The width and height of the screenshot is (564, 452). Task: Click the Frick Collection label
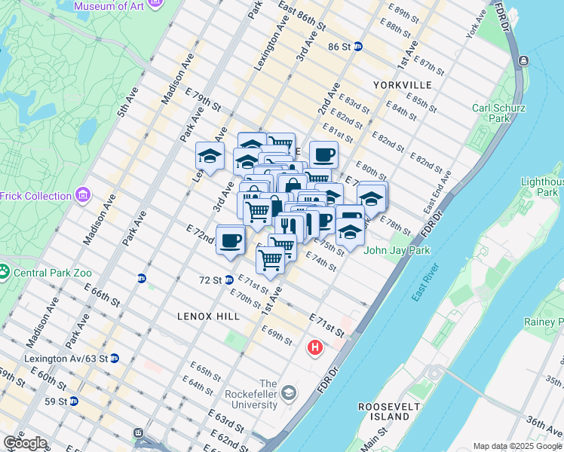pyautogui.click(x=37, y=196)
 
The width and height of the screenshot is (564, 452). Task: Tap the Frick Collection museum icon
pyautogui.click(x=83, y=197)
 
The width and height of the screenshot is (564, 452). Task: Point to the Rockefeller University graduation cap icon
pyautogui.click(x=289, y=393)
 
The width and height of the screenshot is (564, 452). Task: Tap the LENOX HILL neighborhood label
pyautogui.click(x=208, y=316)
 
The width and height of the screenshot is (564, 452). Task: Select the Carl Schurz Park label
pyautogui.click(x=498, y=113)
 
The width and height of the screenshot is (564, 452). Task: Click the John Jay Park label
pyautogui.click(x=393, y=251)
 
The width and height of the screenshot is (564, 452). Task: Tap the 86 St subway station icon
pyautogui.click(x=358, y=46)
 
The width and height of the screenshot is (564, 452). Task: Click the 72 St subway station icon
pyautogui.click(x=228, y=279)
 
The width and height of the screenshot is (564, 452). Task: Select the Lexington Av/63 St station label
pyautogui.click(x=66, y=358)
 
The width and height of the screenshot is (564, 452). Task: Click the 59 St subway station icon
pyautogui.click(x=73, y=401)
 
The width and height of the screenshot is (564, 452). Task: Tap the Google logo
pyautogui.click(x=25, y=443)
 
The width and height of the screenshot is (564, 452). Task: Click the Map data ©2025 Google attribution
pyautogui.click(x=516, y=446)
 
